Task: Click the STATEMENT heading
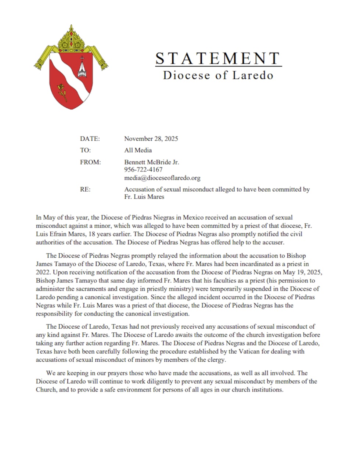218,58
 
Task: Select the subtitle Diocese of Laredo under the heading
218,75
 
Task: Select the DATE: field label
90,139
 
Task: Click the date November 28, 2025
151,139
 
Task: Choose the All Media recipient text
138,150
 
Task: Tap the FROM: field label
90,162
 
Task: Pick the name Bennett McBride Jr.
151,162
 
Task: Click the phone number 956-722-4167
143,170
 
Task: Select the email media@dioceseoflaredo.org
162,178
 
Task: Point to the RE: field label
85,189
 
